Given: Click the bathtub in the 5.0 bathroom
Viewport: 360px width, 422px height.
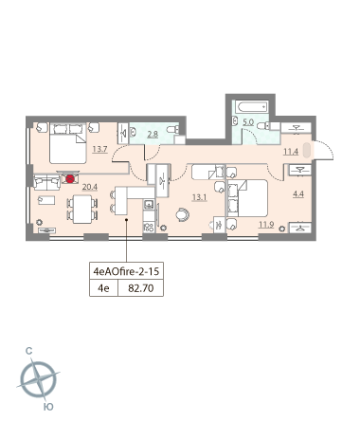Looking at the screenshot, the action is pyautogui.click(x=252, y=107).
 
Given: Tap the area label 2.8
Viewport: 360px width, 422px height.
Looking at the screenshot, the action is pyautogui.click(x=153, y=134).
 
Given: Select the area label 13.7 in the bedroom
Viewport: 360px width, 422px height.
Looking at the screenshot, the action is pyautogui.click(x=99, y=149).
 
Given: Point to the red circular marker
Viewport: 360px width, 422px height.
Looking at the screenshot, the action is pyautogui.click(x=70, y=179).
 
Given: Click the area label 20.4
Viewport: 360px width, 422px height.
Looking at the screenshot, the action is pyautogui.click(x=90, y=187).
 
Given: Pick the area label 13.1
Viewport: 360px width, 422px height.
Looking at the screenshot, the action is pyautogui.click(x=199, y=197).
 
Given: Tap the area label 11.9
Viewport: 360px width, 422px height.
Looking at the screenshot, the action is pyautogui.click(x=266, y=225).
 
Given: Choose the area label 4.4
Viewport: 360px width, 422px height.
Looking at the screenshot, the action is pyautogui.click(x=298, y=193).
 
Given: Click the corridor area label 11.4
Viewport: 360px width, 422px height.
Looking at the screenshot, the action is pyautogui.click(x=291, y=152).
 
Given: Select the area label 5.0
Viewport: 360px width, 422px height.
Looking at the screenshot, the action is pyautogui.click(x=248, y=122).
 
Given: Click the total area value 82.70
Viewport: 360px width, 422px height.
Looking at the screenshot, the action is pyautogui.click(x=141, y=288).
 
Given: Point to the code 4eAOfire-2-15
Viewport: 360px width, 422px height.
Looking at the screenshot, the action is pyautogui.click(x=126, y=271).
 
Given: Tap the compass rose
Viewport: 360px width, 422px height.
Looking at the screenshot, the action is pyautogui.click(x=38, y=379).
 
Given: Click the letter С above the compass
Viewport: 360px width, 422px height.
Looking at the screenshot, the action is pyautogui.click(x=28, y=351).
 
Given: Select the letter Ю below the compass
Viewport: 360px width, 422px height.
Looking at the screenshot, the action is pyautogui.click(x=48, y=407).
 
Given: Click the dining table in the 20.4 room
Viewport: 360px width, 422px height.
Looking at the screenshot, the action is pyautogui.click(x=82, y=210).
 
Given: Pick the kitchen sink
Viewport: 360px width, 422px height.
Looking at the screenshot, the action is pyautogui.click(x=149, y=204).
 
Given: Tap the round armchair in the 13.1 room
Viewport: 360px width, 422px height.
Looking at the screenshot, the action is pyautogui.click(x=183, y=214).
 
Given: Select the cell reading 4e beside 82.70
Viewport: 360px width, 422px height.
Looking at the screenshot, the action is pyautogui.click(x=103, y=288).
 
